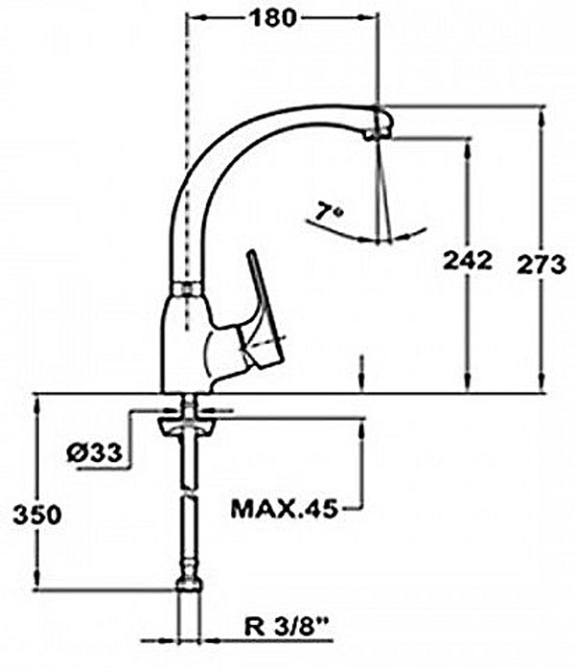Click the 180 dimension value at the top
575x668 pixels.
point(272,18)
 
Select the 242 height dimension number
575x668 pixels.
point(468,261)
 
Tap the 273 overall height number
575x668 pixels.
point(541,265)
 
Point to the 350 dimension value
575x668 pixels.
point(37,515)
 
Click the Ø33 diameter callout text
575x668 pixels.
point(95,452)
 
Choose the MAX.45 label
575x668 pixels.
point(285,508)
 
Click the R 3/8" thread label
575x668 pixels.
point(288,628)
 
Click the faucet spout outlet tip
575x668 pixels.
point(379,134)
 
